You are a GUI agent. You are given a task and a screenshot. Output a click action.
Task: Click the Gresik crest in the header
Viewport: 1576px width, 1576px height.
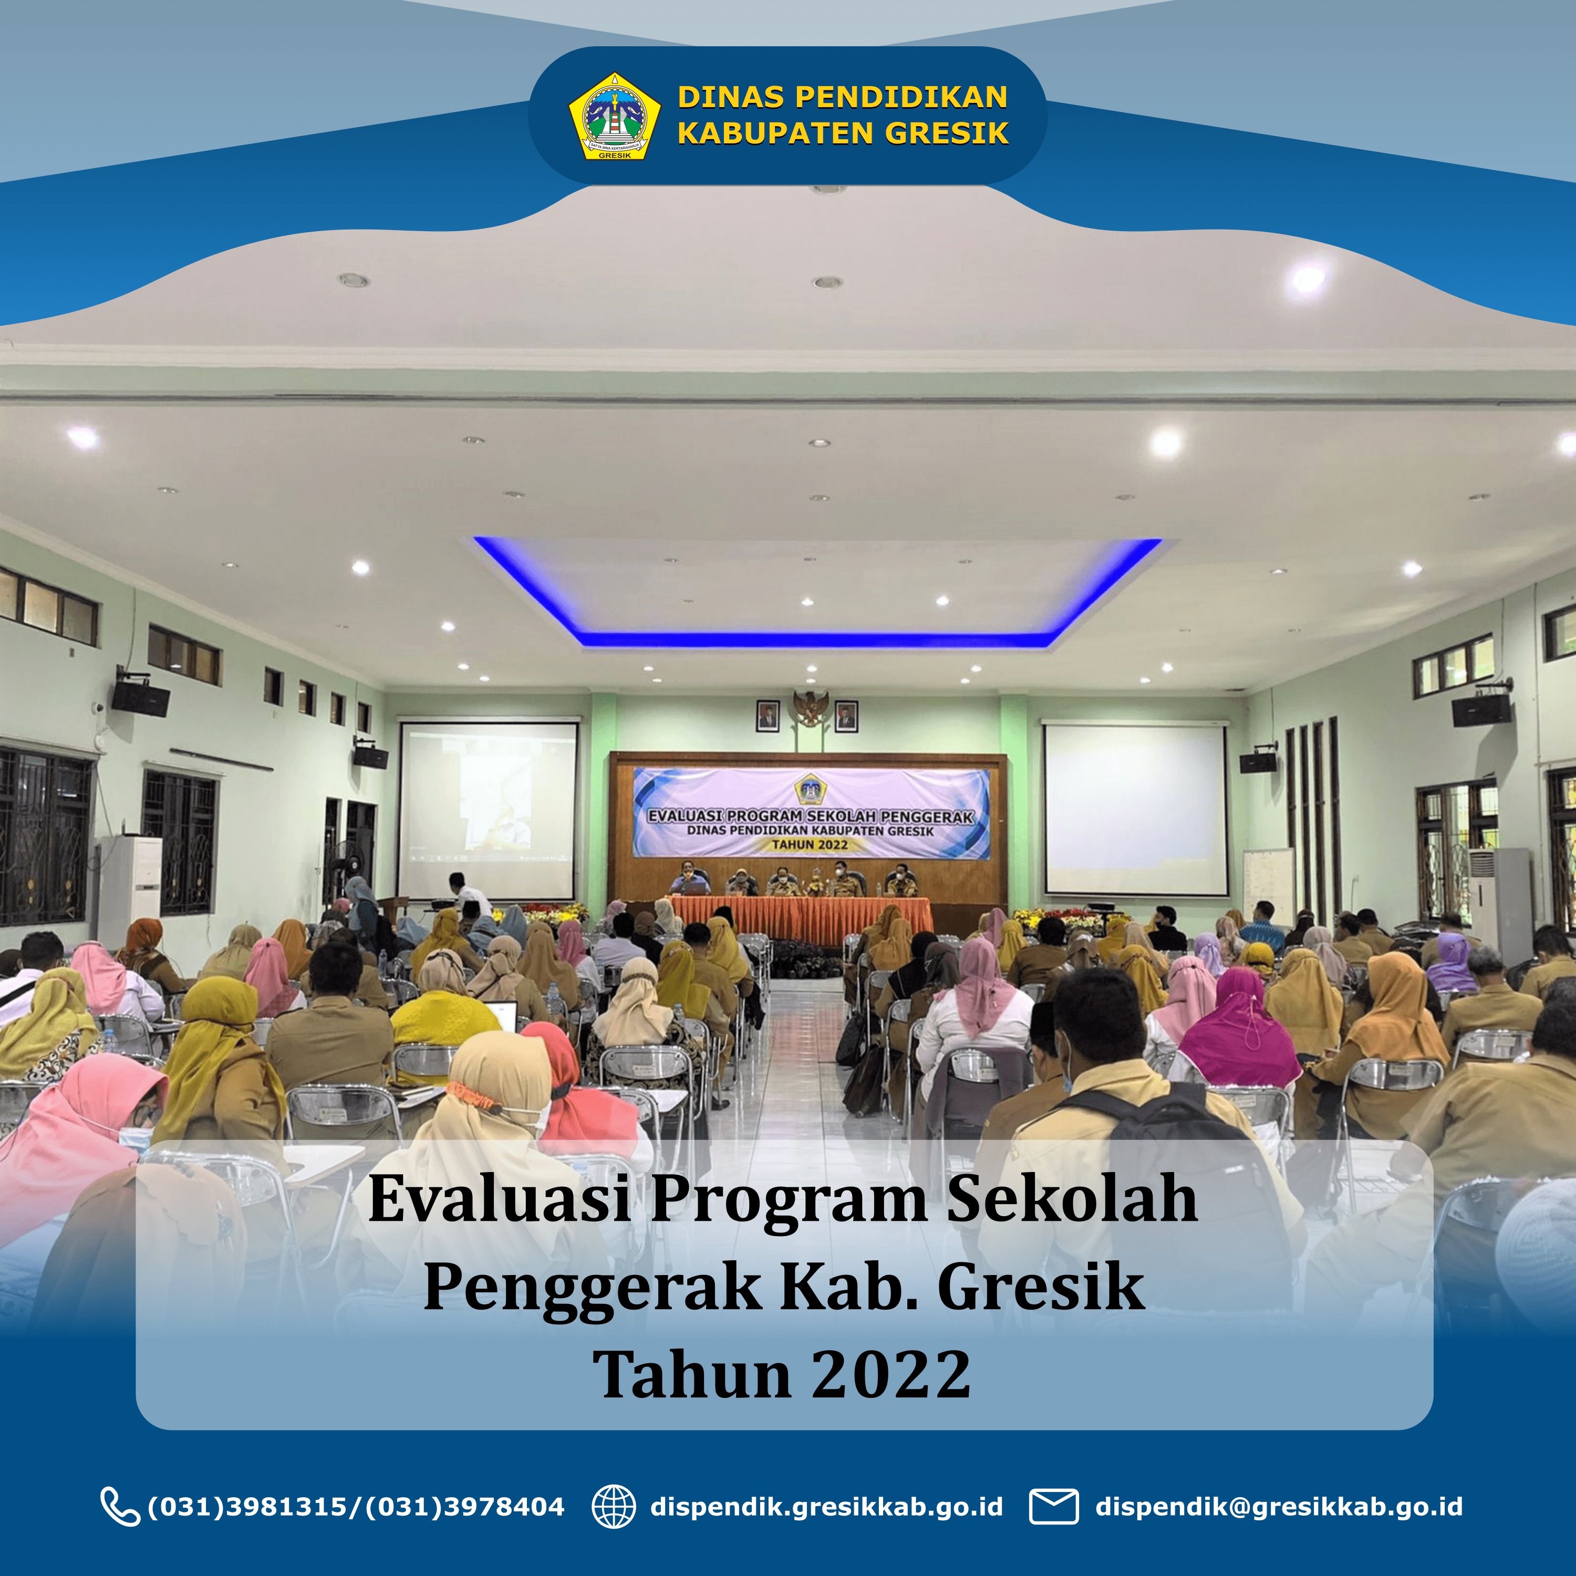tap(614, 116)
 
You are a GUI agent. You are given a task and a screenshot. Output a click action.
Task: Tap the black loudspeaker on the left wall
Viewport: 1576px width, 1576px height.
tap(140, 698)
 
